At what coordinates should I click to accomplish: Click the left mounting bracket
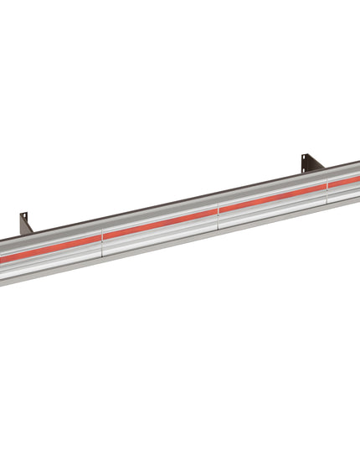(24, 224)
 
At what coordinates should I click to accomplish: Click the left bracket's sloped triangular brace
(29, 227)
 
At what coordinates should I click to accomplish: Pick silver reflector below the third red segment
(272, 207)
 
